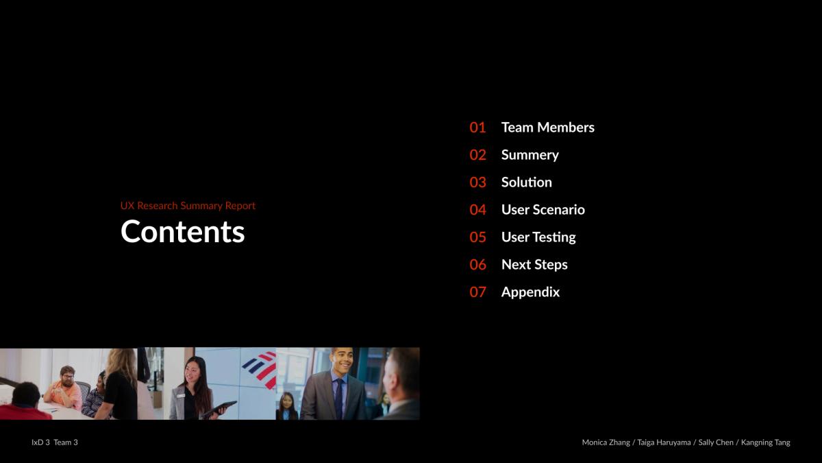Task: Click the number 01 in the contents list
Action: (x=477, y=128)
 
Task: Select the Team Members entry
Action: (x=548, y=128)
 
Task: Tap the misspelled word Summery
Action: (x=530, y=155)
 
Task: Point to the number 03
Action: (x=478, y=182)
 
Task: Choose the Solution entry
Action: (x=527, y=182)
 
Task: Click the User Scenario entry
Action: (x=543, y=210)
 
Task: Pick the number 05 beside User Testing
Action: (x=478, y=237)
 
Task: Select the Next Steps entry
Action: (x=534, y=265)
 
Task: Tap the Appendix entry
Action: (x=531, y=292)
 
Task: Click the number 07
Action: (x=478, y=292)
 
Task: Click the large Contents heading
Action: (x=182, y=232)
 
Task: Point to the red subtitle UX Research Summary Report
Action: (x=188, y=206)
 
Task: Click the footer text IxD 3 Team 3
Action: (x=55, y=442)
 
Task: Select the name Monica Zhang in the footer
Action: (x=606, y=442)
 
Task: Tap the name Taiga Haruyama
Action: (x=664, y=442)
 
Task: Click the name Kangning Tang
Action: (x=766, y=442)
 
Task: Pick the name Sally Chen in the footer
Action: (x=716, y=442)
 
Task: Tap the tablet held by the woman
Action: (x=219, y=409)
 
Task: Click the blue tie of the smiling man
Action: (x=338, y=399)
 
